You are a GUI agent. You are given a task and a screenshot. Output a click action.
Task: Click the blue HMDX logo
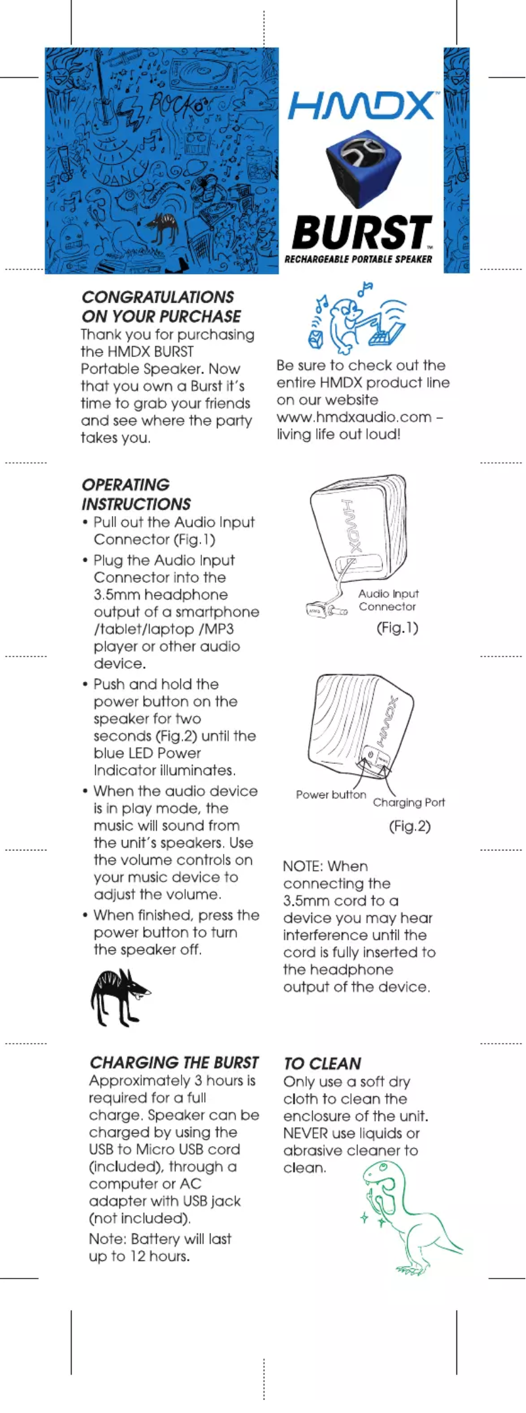pos(361,106)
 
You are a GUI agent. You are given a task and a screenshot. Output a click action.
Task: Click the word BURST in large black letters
pos(361,232)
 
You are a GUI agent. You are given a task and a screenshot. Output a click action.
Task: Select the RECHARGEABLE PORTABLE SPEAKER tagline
pos(358,259)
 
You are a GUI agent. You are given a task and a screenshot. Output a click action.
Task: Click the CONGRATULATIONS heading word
pos(157,297)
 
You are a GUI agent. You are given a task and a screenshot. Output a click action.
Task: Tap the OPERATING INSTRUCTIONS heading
pos(136,494)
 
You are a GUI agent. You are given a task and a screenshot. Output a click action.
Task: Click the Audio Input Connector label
pos(388,599)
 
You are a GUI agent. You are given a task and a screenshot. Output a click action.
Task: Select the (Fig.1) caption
pos(397,627)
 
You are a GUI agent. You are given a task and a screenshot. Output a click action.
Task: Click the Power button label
pos(331,795)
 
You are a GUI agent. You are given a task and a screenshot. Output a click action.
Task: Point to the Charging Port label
pos(409,803)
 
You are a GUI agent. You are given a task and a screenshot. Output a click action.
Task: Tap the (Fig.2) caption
pos(410,826)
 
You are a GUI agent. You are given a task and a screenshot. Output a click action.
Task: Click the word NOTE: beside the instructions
pos(303,867)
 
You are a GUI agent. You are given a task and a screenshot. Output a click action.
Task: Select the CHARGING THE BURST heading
pos(174,1063)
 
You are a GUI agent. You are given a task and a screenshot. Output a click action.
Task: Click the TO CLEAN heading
pos(322,1064)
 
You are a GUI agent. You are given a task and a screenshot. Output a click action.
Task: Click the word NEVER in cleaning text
pos(305,1134)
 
